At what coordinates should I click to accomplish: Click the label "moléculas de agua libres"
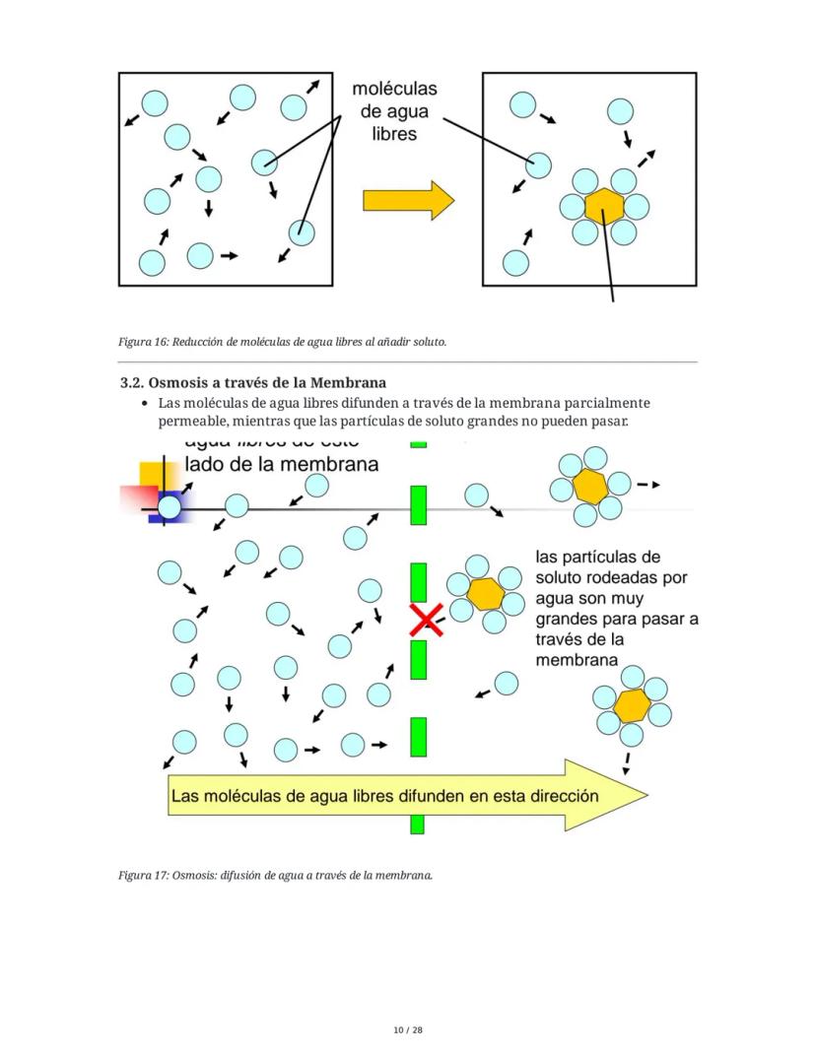[394, 110]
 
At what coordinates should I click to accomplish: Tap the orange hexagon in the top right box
[603, 207]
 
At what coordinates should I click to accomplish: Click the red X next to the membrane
[427, 621]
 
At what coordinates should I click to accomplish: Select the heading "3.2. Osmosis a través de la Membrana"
[252, 382]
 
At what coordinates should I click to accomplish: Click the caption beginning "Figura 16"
[283, 342]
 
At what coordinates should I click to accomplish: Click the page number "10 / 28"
[407, 1030]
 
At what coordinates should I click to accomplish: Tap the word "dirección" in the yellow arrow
[552, 796]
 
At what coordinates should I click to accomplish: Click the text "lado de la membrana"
[282, 465]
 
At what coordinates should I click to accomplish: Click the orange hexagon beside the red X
[485, 594]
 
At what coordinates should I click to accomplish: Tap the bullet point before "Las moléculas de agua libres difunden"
[146, 404]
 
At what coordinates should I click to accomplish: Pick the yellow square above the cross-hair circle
[151, 474]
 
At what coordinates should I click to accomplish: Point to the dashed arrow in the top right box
[645, 158]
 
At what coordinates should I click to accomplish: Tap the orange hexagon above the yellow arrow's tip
[631, 705]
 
